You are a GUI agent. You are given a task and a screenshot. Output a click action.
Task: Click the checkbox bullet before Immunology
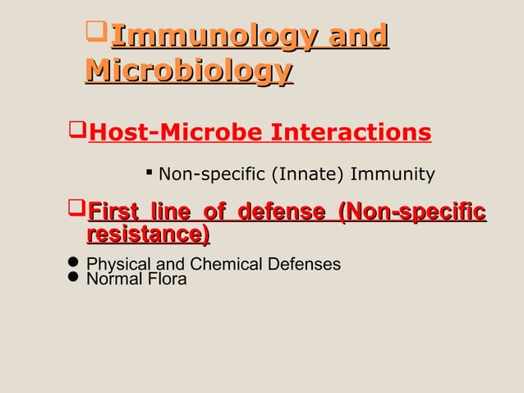click(x=97, y=35)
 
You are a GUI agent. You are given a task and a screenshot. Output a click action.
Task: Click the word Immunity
click(x=393, y=174)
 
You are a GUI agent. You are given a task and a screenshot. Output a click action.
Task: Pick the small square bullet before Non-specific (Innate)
click(x=149, y=173)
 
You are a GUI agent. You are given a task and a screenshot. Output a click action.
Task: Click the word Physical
click(x=116, y=265)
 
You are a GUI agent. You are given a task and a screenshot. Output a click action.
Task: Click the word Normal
click(x=113, y=279)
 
